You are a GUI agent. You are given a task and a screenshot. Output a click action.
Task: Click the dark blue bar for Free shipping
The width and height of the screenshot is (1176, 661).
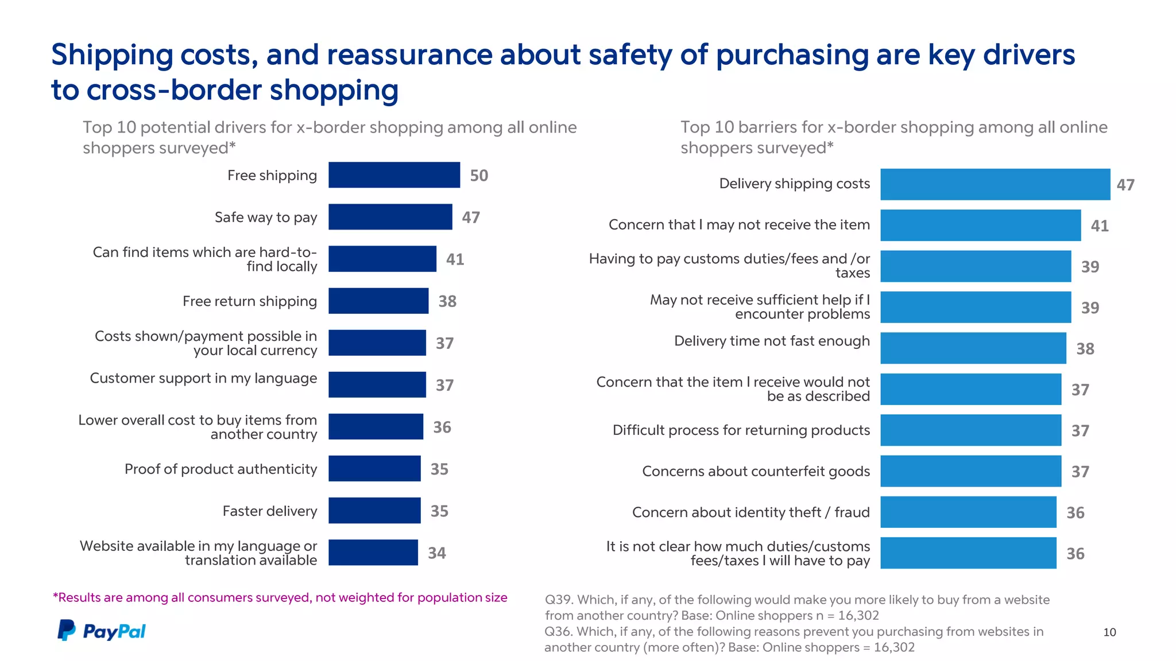click(394, 175)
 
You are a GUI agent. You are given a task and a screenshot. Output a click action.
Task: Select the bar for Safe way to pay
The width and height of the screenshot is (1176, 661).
click(390, 217)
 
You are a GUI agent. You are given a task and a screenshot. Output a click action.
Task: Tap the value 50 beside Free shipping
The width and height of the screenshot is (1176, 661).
click(479, 176)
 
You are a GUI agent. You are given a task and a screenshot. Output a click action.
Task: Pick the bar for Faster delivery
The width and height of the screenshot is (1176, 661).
click(374, 510)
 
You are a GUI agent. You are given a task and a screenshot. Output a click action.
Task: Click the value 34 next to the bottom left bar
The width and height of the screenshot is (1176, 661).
click(436, 553)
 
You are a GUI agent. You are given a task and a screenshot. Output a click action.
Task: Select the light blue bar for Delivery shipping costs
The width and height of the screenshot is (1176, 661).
click(995, 184)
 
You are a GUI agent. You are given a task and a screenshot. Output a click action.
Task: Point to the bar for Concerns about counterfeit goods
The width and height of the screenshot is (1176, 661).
click(970, 471)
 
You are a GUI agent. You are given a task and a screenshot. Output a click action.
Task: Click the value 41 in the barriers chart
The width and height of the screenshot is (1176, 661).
click(1099, 226)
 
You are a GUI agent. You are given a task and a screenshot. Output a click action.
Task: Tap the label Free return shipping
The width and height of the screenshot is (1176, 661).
click(250, 301)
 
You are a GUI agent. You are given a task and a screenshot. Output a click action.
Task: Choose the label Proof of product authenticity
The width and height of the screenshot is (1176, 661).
click(220, 469)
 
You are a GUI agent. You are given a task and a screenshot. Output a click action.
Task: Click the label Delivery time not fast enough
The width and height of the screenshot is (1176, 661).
click(772, 341)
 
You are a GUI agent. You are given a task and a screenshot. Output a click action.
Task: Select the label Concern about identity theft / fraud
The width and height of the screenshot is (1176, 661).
click(751, 512)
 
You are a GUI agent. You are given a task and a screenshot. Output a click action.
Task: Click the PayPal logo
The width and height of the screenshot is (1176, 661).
click(101, 631)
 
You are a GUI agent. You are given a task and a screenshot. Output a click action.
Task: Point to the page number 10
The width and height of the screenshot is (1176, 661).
click(1109, 632)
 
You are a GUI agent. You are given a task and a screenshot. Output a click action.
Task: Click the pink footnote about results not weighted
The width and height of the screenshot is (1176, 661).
click(280, 598)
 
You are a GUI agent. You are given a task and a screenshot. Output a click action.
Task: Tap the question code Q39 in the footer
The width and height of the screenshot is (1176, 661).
click(558, 600)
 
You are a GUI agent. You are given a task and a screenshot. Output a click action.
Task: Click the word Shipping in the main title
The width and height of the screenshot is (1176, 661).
click(112, 55)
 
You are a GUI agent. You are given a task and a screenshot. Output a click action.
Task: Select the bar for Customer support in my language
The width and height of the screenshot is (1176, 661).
click(377, 384)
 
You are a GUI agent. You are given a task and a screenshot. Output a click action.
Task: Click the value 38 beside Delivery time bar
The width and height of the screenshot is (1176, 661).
click(1085, 349)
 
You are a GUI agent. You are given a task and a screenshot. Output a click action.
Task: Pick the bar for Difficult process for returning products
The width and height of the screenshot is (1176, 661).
click(970, 430)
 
